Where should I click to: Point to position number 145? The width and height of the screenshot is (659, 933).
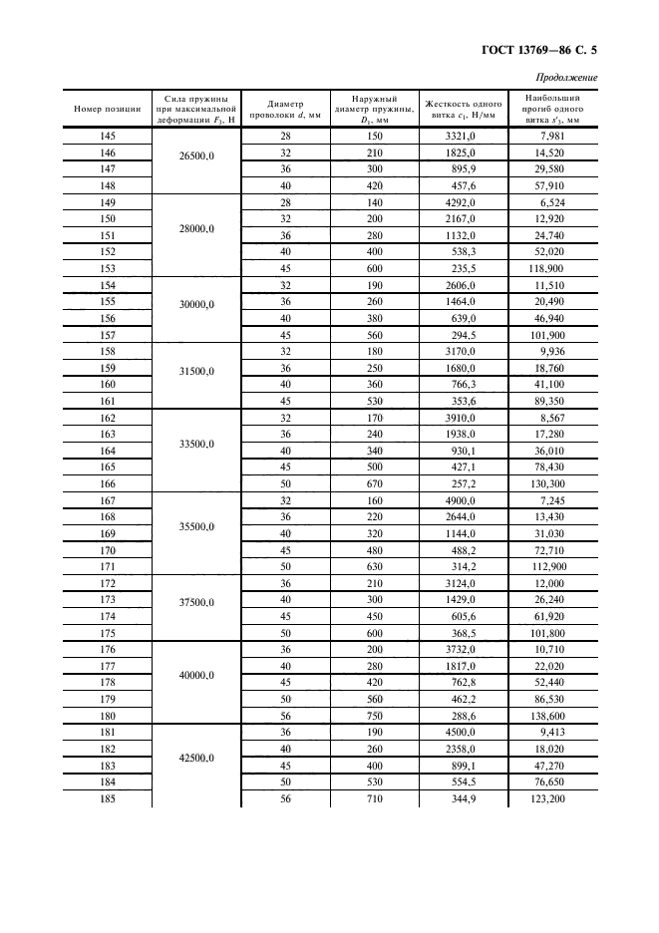[x=108, y=135]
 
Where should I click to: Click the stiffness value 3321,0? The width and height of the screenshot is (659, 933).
[x=462, y=135]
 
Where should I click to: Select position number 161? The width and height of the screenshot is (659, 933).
[x=108, y=401]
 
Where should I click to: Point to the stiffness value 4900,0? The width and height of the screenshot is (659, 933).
[x=462, y=500]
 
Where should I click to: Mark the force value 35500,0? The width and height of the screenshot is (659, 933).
[x=196, y=525]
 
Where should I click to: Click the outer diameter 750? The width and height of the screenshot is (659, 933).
[x=375, y=717]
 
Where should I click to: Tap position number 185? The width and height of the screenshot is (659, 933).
[x=108, y=799]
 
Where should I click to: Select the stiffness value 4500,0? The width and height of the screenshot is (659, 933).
[x=462, y=734]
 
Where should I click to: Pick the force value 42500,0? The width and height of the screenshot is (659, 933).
[x=196, y=758]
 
